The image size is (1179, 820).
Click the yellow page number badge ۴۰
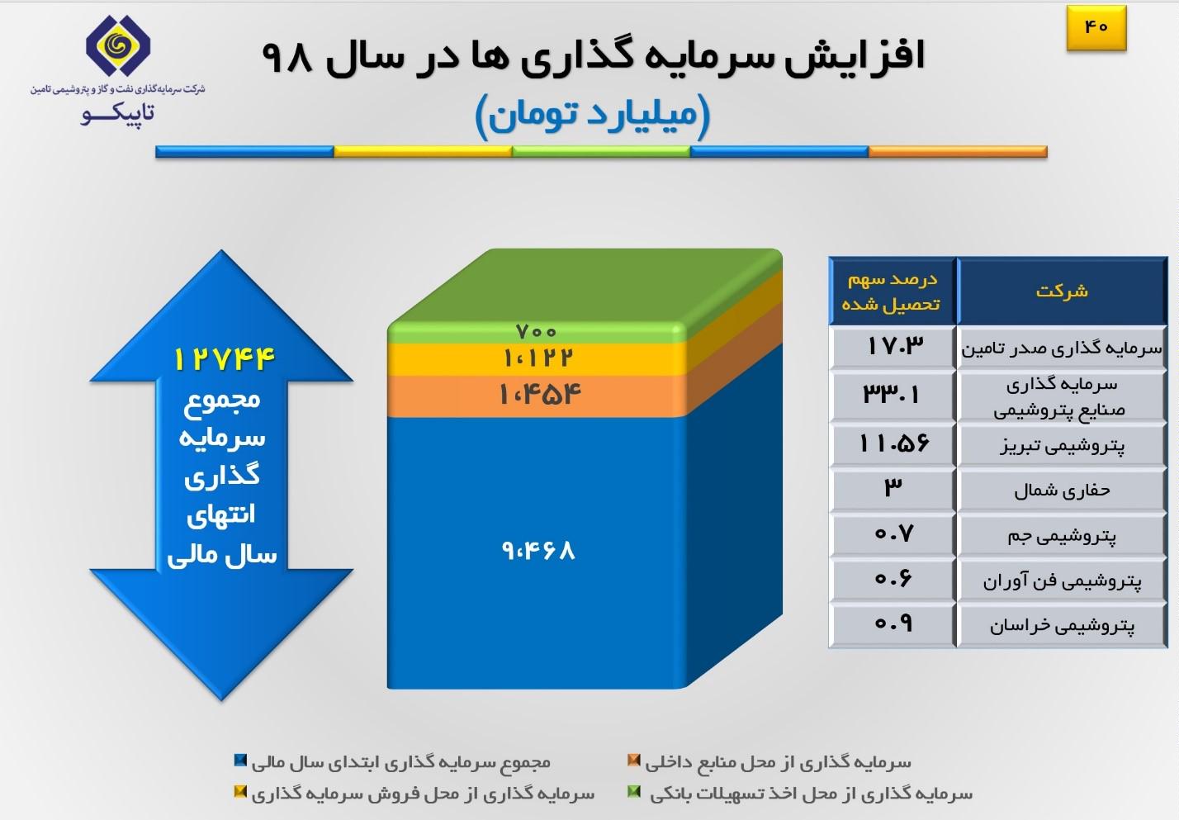(1096, 28)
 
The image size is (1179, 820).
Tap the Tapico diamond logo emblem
(118, 45)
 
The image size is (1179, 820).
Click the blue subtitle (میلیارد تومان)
(593, 116)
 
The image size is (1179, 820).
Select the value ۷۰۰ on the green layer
(536, 332)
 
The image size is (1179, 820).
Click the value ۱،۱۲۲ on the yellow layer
(537, 358)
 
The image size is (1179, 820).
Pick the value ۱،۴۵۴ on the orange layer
(540, 394)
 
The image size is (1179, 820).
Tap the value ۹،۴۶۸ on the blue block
(538, 551)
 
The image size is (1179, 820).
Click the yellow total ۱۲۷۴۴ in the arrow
(225, 359)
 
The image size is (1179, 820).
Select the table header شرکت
(1062, 291)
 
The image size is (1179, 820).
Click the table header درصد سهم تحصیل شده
(892, 292)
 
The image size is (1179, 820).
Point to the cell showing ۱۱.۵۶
(893, 443)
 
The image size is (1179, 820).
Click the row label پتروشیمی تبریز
(1062, 446)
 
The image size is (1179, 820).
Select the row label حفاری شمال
(1062, 491)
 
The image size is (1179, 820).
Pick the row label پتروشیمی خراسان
(1062, 626)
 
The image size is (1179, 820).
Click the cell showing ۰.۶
(893, 579)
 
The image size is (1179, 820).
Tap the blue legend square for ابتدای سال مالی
(240, 761)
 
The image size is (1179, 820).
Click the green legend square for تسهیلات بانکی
(634, 792)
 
